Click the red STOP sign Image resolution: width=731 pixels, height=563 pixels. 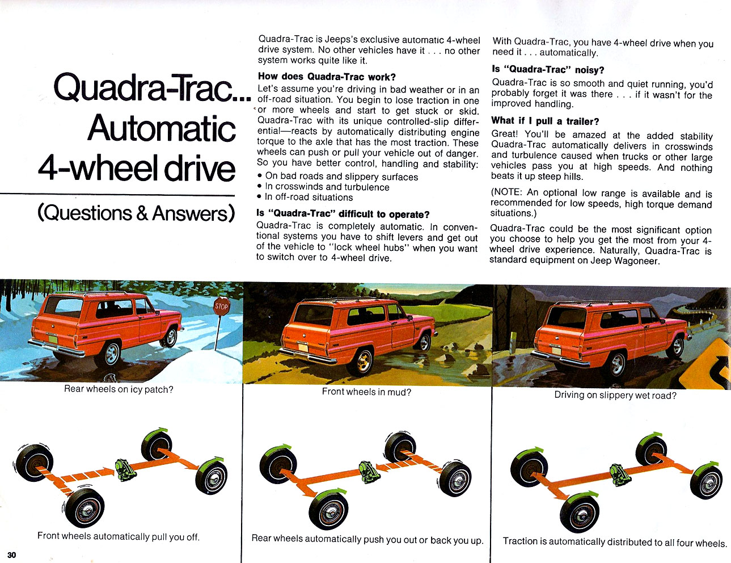pyautogui.click(x=221, y=306)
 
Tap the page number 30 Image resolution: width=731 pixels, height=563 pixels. pyautogui.click(x=12, y=554)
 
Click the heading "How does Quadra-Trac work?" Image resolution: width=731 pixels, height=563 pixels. pyautogui.click(x=327, y=77)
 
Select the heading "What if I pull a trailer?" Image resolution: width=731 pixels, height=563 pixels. pyautogui.click(x=545, y=121)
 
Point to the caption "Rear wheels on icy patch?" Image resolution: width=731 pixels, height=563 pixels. pyautogui.click(x=119, y=389)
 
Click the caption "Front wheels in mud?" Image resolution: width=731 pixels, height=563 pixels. pyautogui.click(x=366, y=392)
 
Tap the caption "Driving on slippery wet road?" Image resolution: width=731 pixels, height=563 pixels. pyautogui.click(x=615, y=395)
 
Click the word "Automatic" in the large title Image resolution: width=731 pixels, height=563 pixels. pyautogui.click(x=162, y=128)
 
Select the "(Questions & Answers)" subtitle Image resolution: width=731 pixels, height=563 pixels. pyautogui.click(x=136, y=213)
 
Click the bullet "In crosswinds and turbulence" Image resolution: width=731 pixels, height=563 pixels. pyautogui.click(x=327, y=187)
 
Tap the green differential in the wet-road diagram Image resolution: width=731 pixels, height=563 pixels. pyautogui.click(x=619, y=472)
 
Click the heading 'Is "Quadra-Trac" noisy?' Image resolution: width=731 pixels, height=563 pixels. pyautogui.click(x=548, y=69)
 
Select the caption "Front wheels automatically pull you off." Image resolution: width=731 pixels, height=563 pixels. pyautogui.click(x=119, y=536)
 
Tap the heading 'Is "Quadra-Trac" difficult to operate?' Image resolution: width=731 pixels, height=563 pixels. pyautogui.click(x=343, y=214)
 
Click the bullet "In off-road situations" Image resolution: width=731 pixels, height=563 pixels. pyautogui.click(x=309, y=197)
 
